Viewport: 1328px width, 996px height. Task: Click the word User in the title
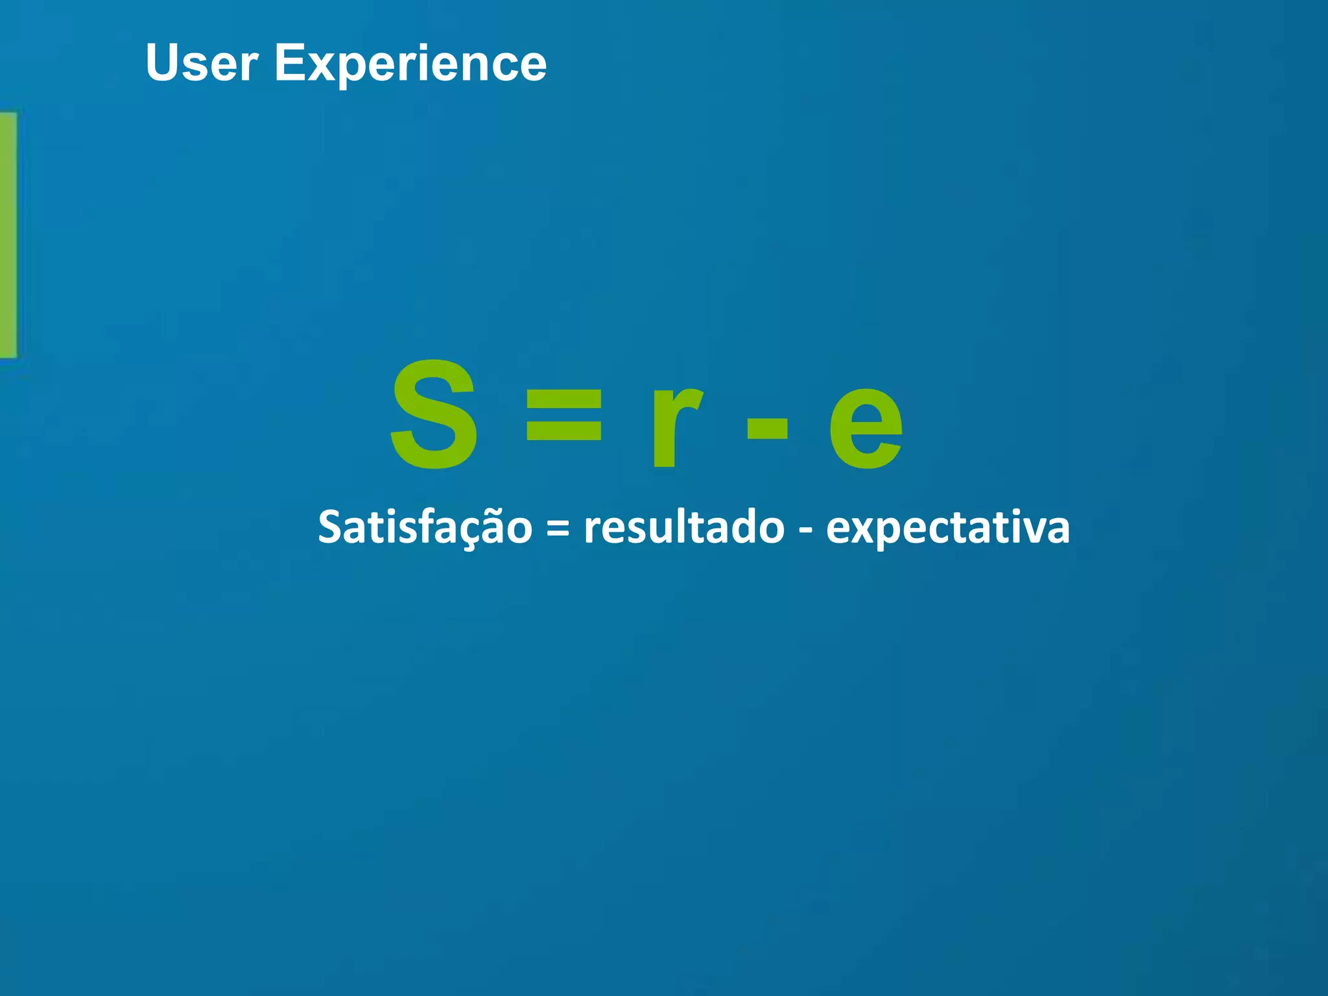pos(202,63)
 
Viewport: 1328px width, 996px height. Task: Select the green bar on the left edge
pos(8,235)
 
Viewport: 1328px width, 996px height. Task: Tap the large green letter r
pos(674,426)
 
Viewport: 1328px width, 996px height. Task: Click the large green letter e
pos(866,426)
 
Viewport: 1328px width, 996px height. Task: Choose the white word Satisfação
pos(425,527)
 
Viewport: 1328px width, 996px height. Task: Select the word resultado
pos(684,527)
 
